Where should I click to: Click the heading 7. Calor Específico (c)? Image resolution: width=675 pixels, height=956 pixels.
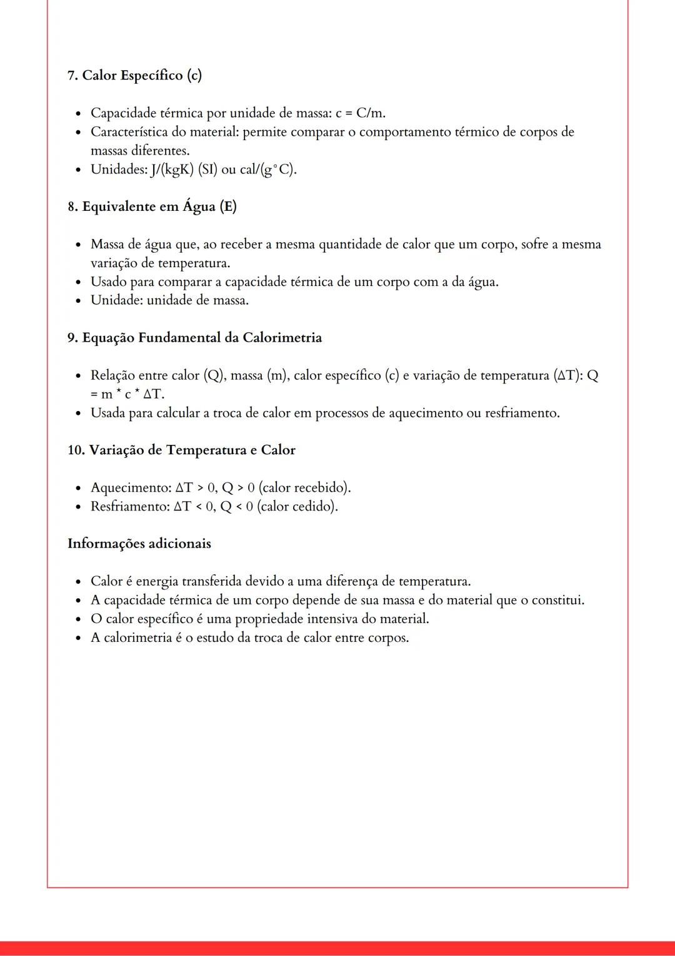pyautogui.click(x=134, y=76)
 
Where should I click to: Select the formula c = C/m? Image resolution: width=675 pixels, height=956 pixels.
pyautogui.click(x=361, y=113)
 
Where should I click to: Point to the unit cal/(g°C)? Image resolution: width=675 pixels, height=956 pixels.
pyautogui.click(x=267, y=170)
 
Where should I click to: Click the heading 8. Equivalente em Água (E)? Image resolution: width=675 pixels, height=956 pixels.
pyautogui.click(x=152, y=206)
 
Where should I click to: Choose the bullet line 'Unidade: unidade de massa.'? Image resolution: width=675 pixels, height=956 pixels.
pyautogui.click(x=169, y=300)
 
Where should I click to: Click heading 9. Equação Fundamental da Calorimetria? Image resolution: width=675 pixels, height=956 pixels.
pyautogui.click(x=194, y=338)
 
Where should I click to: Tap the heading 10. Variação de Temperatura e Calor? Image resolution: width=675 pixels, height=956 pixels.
pyautogui.click(x=181, y=450)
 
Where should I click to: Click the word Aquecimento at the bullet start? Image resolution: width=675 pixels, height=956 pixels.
pyautogui.click(x=129, y=487)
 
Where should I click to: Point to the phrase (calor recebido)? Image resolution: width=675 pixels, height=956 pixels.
pyautogui.click(x=304, y=487)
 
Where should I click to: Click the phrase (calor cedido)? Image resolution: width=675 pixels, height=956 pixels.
pyautogui.click(x=297, y=506)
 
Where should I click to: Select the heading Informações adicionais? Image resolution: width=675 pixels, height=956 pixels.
pyautogui.click(x=139, y=544)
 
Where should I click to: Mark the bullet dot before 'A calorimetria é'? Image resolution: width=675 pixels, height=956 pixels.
pyautogui.click(x=78, y=638)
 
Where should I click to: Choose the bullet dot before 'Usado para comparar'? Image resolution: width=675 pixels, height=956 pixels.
pyautogui.click(x=78, y=282)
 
